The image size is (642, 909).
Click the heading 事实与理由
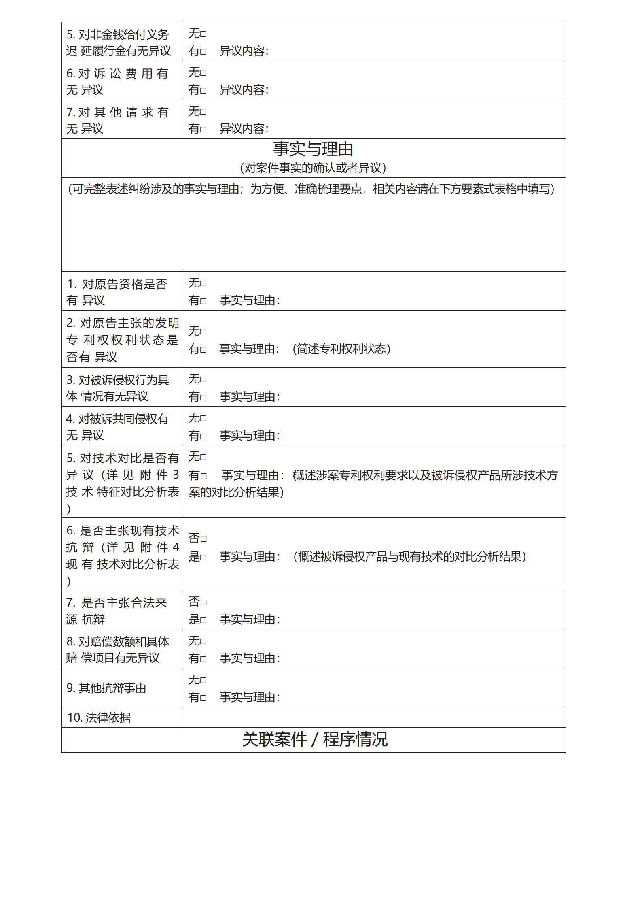[x=313, y=149]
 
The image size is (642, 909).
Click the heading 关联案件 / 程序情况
[x=315, y=739]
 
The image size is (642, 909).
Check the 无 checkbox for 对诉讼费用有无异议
[x=203, y=73]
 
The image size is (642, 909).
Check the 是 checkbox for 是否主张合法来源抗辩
[x=203, y=620]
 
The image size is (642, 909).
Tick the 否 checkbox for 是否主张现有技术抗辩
[x=203, y=539]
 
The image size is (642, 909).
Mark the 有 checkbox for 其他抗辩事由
[x=203, y=698]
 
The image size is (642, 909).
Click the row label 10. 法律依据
[x=99, y=717]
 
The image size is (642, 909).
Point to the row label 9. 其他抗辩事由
[x=106, y=688]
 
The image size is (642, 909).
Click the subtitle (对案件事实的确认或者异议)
[x=313, y=168]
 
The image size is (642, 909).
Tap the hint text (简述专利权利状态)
[x=341, y=349]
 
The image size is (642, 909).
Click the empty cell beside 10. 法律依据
[x=374, y=717]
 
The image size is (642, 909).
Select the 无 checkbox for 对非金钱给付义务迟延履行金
[x=203, y=34]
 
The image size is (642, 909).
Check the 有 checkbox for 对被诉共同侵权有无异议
[x=203, y=436]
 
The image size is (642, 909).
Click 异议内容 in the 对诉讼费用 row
[x=244, y=90]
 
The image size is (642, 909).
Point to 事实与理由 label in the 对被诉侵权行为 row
[x=250, y=397]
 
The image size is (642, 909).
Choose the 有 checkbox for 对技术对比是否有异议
[x=203, y=476]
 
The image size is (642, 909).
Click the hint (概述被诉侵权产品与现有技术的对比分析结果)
[x=409, y=557]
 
